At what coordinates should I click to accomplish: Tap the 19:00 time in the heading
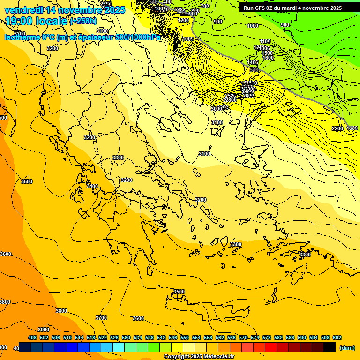[21, 21]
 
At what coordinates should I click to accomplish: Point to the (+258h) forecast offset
[83, 21]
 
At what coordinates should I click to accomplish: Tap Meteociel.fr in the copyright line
[217, 357]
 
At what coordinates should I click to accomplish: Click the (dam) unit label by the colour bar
[347, 347]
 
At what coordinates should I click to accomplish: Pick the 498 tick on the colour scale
[32, 337]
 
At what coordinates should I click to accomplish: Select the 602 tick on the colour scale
[337, 337]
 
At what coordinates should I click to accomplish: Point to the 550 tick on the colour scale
[185, 337]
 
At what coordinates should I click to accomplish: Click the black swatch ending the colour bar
[330, 347]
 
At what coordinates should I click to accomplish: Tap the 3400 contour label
[92, 186]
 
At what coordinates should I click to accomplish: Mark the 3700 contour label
[101, 318]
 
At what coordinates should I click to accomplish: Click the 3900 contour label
[44, 330]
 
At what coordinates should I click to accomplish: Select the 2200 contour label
[337, 128]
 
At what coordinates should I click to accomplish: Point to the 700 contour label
[204, 6]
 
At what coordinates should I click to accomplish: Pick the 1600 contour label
[268, 58]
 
